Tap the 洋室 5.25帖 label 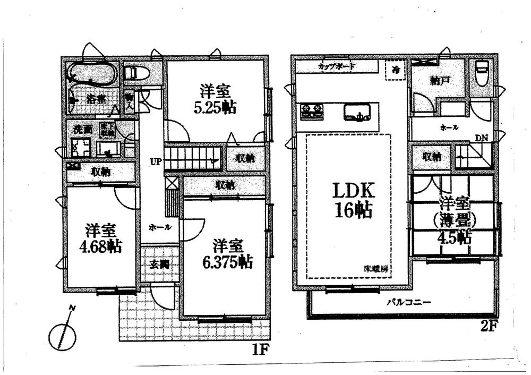(215, 98)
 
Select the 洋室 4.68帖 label (100, 239)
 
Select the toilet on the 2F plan (482, 74)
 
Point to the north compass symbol (63, 331)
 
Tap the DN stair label (482, 138)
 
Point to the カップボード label (337, 67)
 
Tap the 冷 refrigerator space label (395, 70)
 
